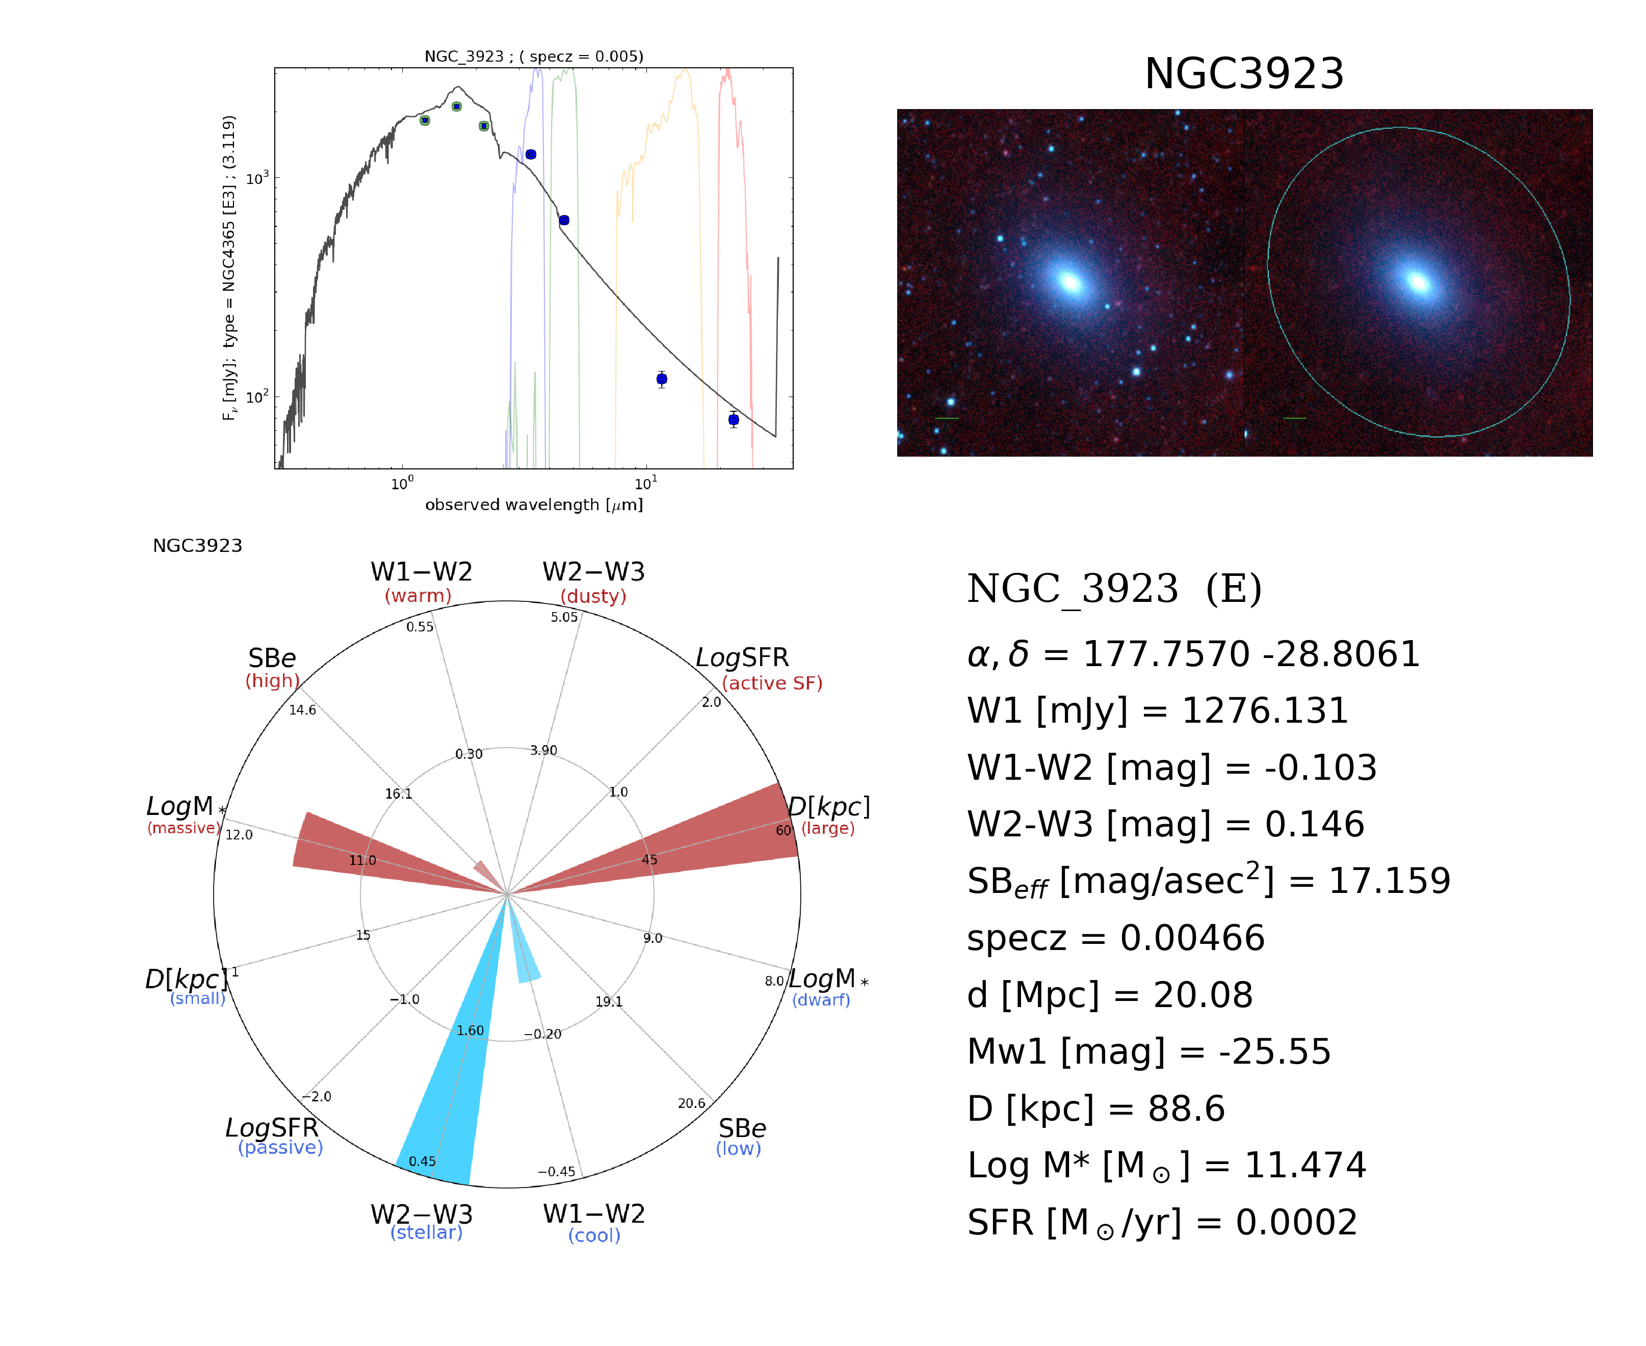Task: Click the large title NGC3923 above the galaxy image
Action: click(x=1244, y=74)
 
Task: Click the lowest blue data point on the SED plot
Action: click(x=734, y=419)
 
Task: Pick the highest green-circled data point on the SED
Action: click(x=457, y=106)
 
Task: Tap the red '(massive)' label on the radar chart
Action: click(x=184, y=828)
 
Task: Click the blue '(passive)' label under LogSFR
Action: click(x=280, y=1148)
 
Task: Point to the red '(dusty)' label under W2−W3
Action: click(x=593, y=596)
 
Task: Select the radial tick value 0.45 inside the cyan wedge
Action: click(x=423, y=1160)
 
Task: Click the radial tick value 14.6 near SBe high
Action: click(x=302, y=710)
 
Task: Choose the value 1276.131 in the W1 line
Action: click(x=1265, y=711)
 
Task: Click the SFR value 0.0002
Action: click(x=1296, y=1223)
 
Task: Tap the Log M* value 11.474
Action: click(x=1305, y=1166)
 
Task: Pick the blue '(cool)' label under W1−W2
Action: click(x=594, y=1235)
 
